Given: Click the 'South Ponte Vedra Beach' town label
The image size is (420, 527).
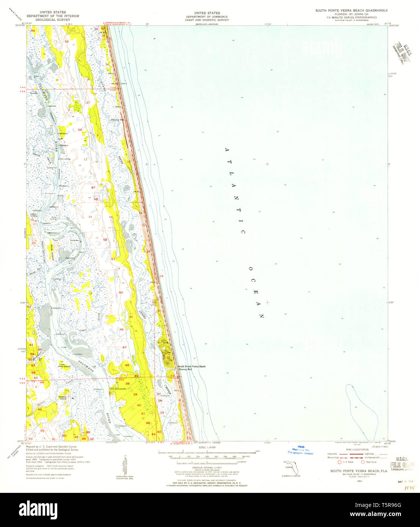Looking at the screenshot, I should [x=192, y=366].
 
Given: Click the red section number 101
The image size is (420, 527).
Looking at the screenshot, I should [x=121, y=379].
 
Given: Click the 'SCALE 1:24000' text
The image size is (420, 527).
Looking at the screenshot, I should [x=206, y=447].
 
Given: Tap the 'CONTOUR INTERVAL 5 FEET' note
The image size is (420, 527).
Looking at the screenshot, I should [x=206, y=469].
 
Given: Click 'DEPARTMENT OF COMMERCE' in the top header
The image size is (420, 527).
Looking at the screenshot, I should [x=206, y=17].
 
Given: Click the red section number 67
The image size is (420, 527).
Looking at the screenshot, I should [x=93, y=188].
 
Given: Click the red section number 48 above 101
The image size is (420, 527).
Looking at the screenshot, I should [x=127, y=365].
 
